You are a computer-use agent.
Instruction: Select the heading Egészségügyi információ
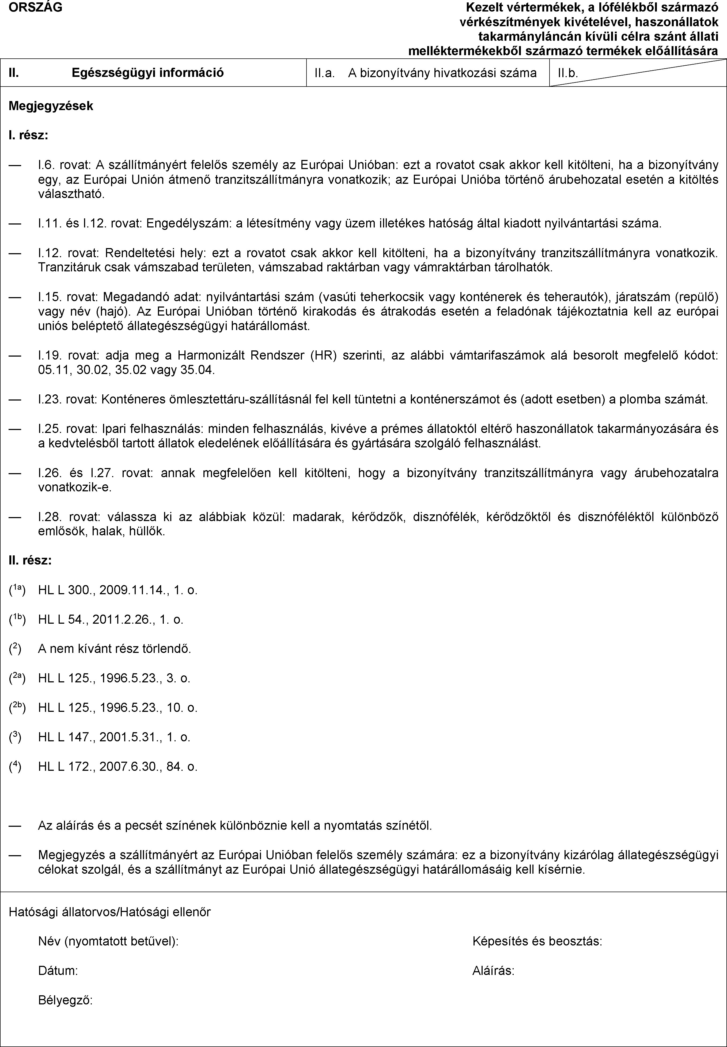[x=147, y=73]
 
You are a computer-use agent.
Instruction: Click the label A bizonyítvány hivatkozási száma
[x=442, y=73]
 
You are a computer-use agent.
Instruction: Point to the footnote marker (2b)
[x=17, y=707]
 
